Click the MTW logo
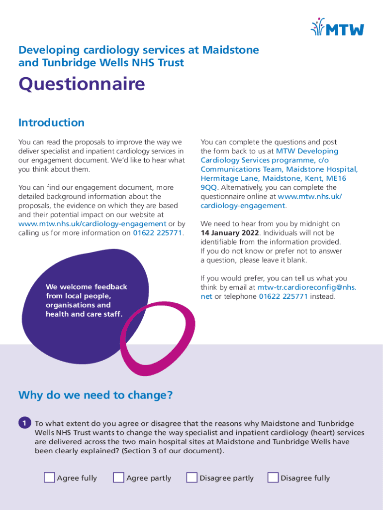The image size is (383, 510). (x=337, y=27)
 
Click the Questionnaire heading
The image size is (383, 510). (x=82, y=84)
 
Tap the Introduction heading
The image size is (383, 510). (x=51, y=123)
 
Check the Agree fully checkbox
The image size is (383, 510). (x=49, y=478)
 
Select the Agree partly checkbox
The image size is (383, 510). (x=118, y=478)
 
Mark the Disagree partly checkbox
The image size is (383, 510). (x=191, y=478)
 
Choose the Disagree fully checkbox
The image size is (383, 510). (x=273, y=478)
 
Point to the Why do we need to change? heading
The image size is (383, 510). (x=96, y=395)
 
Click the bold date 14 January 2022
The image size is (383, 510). (x=230, y=233)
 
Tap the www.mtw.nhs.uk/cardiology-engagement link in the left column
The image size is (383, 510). (x=92, y=224)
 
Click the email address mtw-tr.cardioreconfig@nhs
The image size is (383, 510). (x=306, y=287)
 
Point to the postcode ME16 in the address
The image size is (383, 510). (x=335, y=178)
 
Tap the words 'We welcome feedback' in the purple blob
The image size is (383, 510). (x=86, y=287)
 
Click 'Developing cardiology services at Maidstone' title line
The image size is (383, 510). (x=138, y=50)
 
